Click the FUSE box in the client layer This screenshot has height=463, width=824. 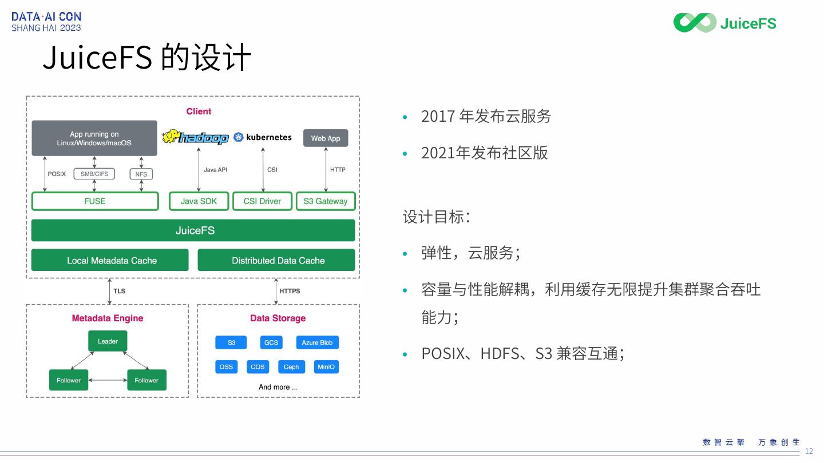click(x=95, y=201)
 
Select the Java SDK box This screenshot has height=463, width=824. click(x=199, y=201)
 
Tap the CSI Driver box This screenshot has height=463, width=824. click(x=262, y=201)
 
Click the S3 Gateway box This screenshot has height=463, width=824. click(x=326, y=201)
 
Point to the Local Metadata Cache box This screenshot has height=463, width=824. click(x=110, y=260)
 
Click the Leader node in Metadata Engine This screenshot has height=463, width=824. click(x=108, y=341)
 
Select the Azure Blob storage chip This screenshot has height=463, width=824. click(x=317, y=342)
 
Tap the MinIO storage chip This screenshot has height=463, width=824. click(x=326, y=366)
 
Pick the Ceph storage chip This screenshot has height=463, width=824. click(x=291, y=366)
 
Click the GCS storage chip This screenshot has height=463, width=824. click(x=271, y=342)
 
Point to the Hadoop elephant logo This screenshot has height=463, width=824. click(x=171, y=137)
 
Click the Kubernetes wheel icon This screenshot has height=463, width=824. click(x=239, y=137)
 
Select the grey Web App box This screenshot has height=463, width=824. click(x=326, y=138)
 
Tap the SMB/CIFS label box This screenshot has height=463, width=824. click(x=94, y=174)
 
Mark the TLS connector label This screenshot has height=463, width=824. click(x=119, y=291)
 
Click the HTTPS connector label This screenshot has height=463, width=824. click(x=290, y=291)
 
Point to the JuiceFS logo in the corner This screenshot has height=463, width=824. click(x=724, y=23)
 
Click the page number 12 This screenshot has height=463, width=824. click(x=809, y=451)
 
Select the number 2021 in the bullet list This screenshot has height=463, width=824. click(x=437, y=153)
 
